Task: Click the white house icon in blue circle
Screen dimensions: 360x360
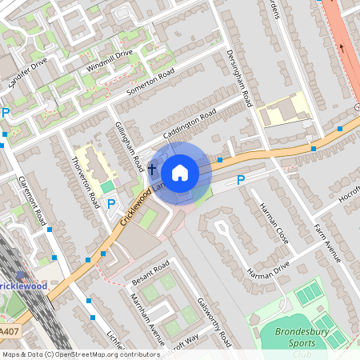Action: pyautogui.click(x=180, y=173)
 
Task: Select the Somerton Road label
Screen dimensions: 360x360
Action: pyautogui.click(x=150, y=84)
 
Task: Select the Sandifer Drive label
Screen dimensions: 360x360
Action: pyautogui.click(x=27, y=73)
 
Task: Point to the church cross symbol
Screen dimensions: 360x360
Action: pyautogui.click(x=151, y=169)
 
